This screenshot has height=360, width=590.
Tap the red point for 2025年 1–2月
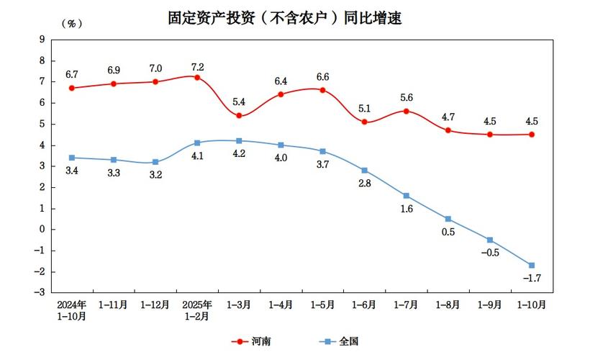197,77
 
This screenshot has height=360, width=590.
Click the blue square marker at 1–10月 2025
532,265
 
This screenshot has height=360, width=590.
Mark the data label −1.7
531,279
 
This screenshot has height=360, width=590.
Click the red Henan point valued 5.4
239,115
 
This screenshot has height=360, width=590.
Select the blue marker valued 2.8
365,170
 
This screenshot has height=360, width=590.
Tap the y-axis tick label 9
42,40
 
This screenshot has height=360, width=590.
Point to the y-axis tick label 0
42,229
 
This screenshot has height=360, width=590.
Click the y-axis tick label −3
40,292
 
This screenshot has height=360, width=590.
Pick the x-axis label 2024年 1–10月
72,310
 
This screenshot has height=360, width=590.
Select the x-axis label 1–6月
364,305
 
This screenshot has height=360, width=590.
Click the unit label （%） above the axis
72,24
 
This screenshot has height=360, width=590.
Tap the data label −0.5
489,253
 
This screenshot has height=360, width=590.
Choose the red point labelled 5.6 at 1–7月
407,111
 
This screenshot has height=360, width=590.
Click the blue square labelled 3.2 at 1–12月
155,162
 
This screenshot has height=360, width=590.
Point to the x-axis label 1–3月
239,305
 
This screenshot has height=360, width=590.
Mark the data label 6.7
72,74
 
